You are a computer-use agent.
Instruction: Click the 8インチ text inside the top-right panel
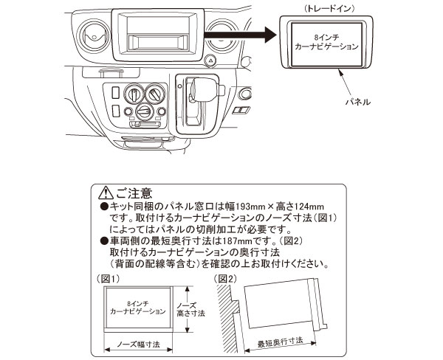[327, 37]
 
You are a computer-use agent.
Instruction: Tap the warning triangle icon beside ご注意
[103, 193]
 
